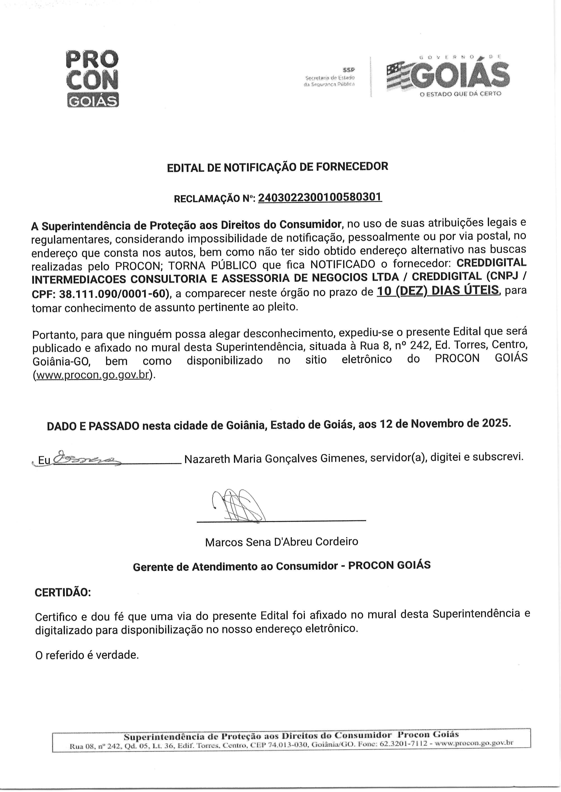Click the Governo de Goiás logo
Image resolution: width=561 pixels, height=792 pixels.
(448, 77)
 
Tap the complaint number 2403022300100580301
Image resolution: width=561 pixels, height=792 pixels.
(320, 197)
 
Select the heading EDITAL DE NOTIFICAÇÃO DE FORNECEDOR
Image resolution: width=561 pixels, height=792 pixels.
(277, 167)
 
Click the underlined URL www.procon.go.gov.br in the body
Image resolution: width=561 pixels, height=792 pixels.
(92, 375)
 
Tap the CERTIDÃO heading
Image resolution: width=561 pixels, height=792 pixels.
(63, 593)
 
